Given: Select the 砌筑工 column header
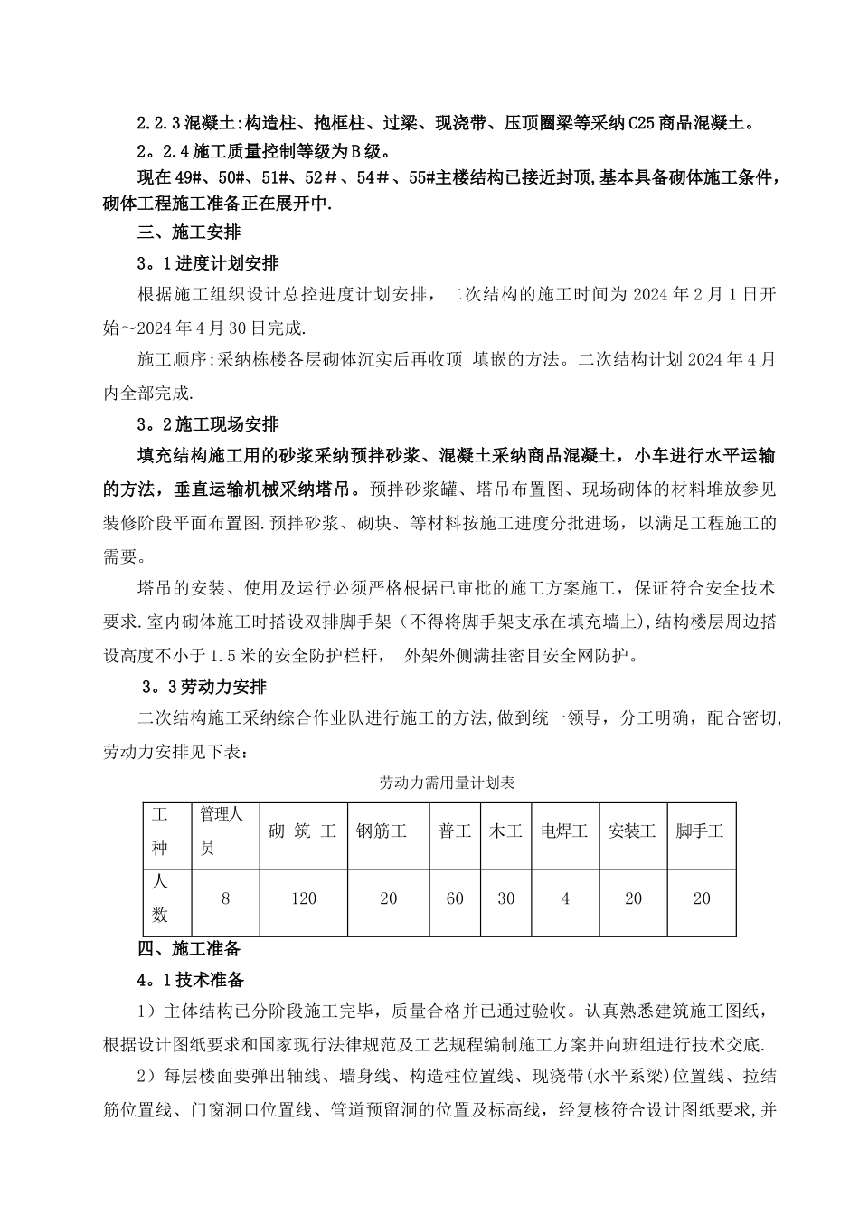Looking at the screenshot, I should click(x=303, y=831).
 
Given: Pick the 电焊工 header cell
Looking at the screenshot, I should click(x=564, y=831).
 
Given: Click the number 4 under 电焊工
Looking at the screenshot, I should click(x=565, y=898).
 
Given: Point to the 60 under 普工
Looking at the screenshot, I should click(x=454, y=898).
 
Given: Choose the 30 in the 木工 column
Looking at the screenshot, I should click(x=505, y=898).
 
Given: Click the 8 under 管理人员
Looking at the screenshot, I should click(x=224, y=898).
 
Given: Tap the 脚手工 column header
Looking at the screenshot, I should click(x=701, y=831).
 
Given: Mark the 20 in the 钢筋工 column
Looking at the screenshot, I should click(x=389, y=898).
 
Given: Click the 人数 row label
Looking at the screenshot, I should click(x=160, y=898).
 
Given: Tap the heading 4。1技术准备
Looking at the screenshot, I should click(x=189, y=980).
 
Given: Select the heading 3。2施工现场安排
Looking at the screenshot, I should click(x=208, y=424).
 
